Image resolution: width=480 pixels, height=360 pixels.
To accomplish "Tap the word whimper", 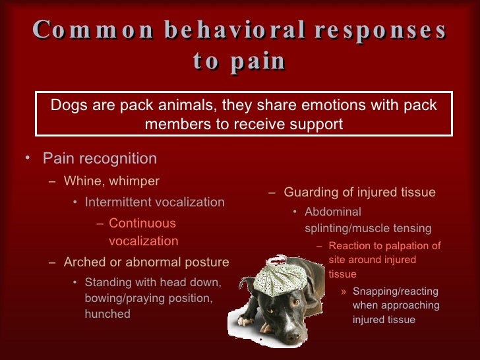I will [x=132, y=181].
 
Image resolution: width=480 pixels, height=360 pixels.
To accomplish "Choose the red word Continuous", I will [x=142, y=224].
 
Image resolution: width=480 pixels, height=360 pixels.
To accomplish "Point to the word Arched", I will [x=83, y=262].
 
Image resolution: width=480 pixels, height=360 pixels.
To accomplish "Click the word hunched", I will [x=107, y=314].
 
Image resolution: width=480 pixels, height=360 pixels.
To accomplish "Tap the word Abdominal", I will [x=333, y=212].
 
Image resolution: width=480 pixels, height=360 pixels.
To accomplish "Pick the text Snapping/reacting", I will [x=396, y=291].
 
